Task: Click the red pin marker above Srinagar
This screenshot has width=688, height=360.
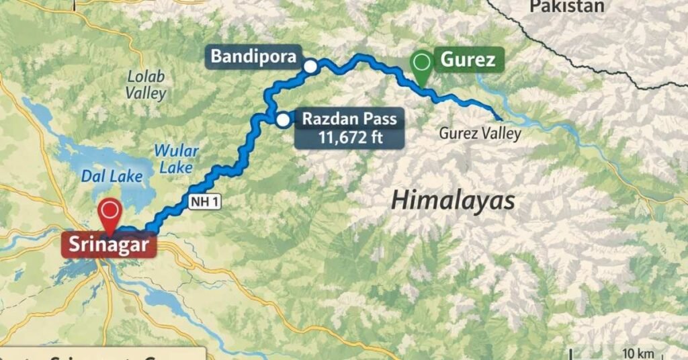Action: click(x=109, y=212)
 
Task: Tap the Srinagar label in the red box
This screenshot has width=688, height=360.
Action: click(x=108, y=243)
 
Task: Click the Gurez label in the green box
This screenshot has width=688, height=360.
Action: click(x=468, y=60)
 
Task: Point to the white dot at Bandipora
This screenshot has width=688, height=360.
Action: click(x=310, y=66)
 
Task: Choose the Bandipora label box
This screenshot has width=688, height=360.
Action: click(x=254, y=57)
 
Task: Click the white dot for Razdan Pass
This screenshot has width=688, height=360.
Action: click(x=283, y=120)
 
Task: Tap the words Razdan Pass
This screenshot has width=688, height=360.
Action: click(x=349, y=120)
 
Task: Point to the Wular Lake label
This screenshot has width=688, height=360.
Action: click(x=173, y=159)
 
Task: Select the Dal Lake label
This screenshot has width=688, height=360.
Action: click(x=112, y=177)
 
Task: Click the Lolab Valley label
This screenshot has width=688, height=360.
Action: click(x=146, y=85)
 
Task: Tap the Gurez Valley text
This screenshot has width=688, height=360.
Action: click(x=480, y=134)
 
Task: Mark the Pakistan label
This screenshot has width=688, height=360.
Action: click(x=567, y=7)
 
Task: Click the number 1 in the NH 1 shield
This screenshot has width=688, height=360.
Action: click(x=214, y=204)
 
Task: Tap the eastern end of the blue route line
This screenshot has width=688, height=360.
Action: click(x=499, y=118)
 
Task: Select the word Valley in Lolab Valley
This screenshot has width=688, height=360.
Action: click(x=146, y=93)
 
